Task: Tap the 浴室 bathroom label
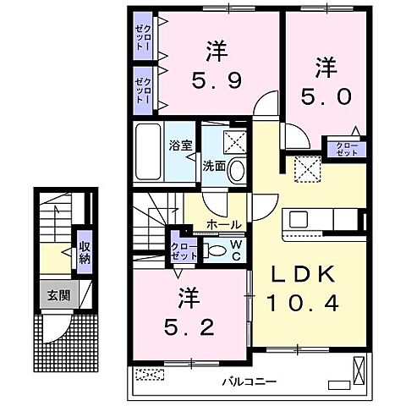coord(183,144)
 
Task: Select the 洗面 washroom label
coord(212,166)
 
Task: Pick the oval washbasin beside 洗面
coord(238,169)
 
